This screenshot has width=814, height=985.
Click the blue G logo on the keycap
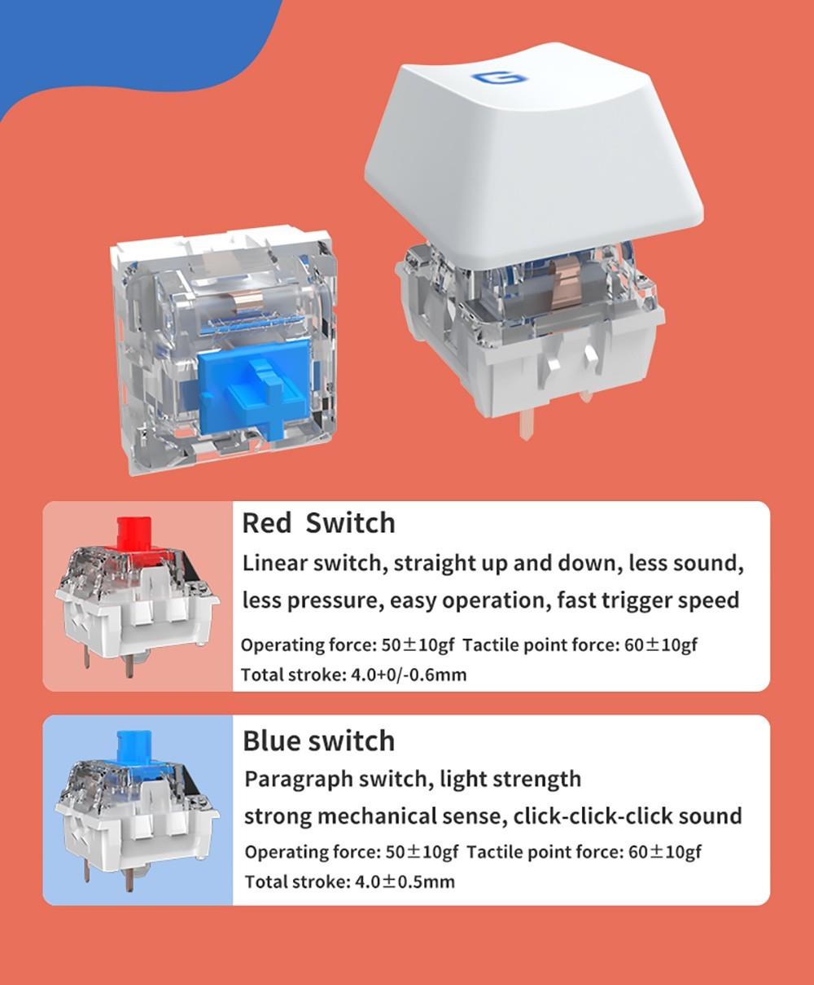click(x=500, y=79)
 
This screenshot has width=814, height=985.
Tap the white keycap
click(x=532, y=156)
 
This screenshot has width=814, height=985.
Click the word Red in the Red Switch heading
click(x=267, y=523)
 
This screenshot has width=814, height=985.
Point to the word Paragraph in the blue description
click(x=299, y=780)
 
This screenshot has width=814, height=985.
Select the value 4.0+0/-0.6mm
click(x=409, y=675)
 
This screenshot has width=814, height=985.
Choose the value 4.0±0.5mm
click(x=405, y=882)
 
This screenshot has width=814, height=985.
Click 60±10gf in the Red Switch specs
click(x=661, y=645)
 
